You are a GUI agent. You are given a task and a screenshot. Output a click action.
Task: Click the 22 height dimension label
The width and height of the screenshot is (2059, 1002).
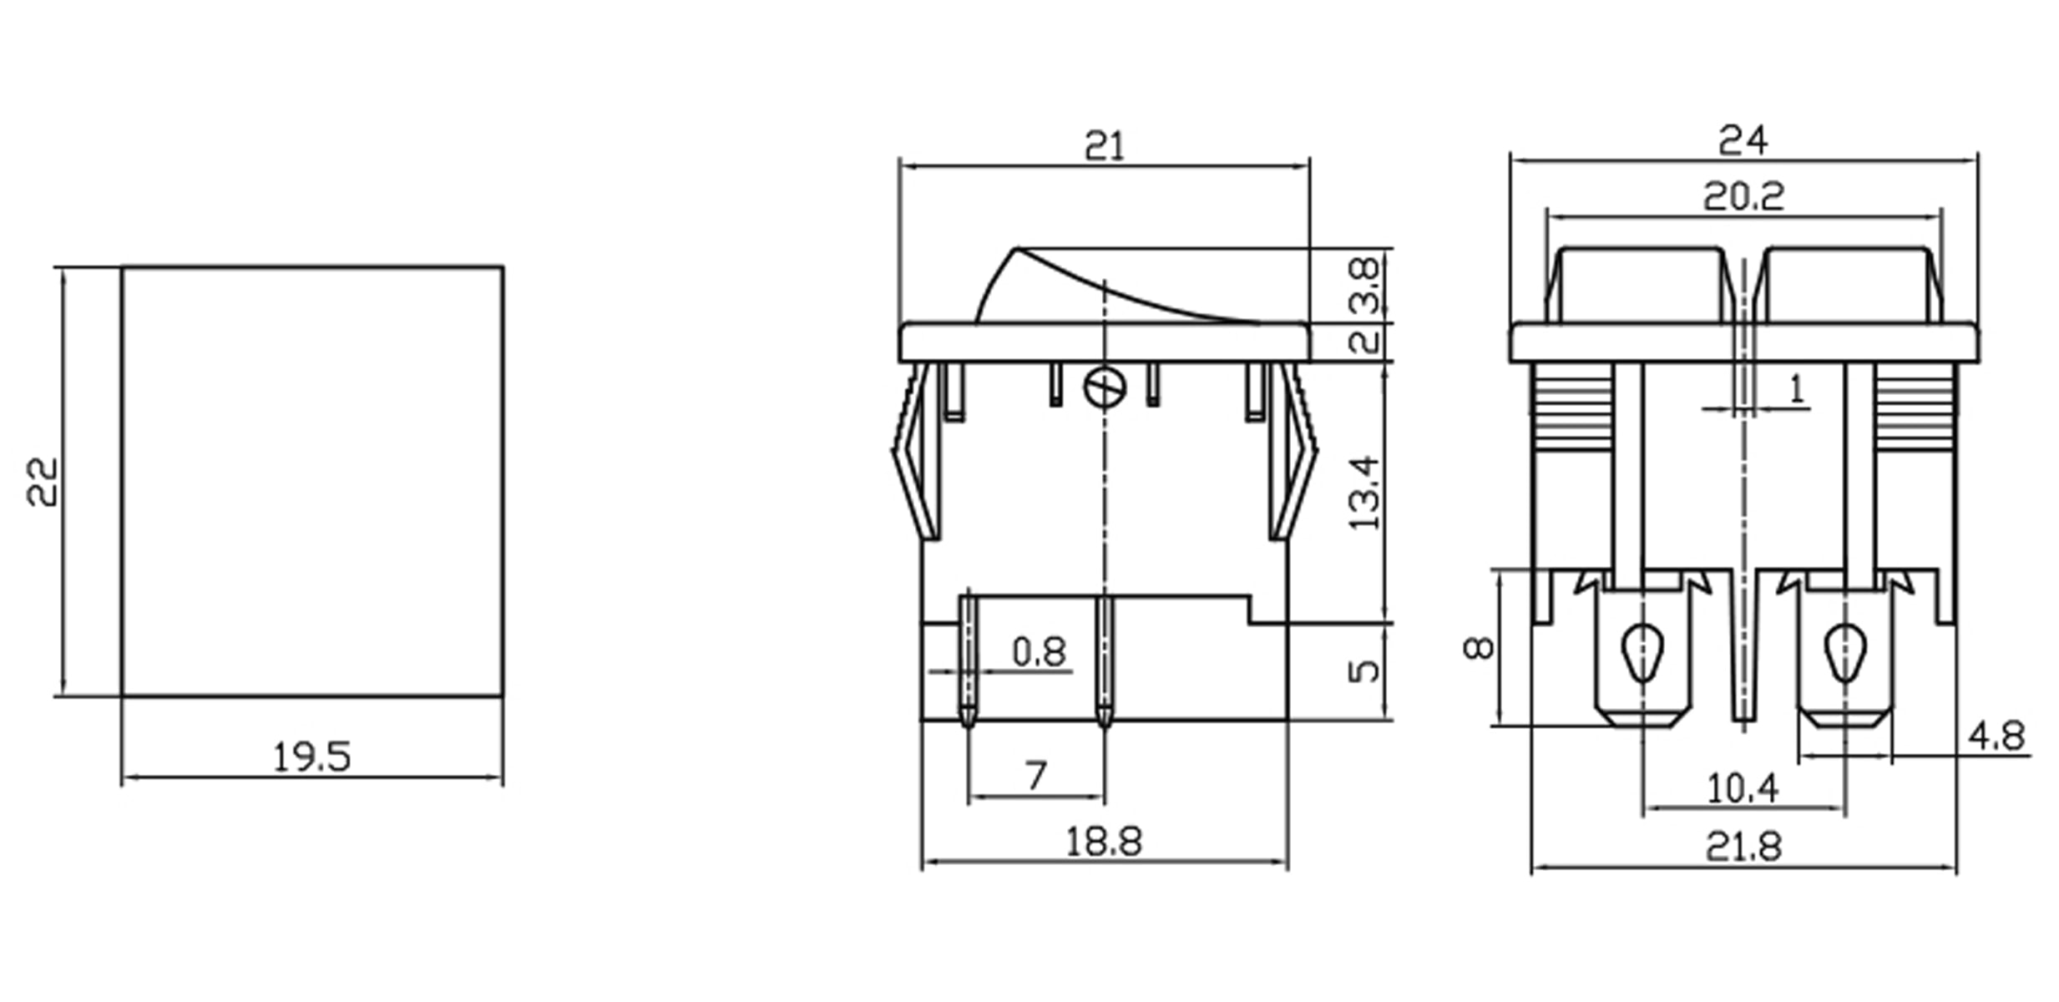click(42, 482)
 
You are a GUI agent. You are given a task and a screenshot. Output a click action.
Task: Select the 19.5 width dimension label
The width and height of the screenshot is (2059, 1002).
click(311, 757)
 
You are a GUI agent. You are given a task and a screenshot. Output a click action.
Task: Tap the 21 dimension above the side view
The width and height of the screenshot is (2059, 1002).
click(1104, 147)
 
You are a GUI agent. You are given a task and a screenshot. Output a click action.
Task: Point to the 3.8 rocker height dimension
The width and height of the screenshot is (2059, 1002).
click(1364, 285)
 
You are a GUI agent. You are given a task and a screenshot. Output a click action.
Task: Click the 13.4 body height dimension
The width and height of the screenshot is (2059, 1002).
click(1364, 493)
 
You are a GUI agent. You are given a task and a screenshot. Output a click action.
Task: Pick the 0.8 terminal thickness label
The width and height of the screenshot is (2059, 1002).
click(1039, 652)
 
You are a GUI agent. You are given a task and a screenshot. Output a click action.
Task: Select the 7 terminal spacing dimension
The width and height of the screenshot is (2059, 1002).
click(1035, 776)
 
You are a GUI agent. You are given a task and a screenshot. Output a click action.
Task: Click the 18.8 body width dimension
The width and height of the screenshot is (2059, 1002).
click(1103, 842)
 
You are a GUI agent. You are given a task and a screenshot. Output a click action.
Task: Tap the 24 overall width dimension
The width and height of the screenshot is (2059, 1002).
click(1743, 140)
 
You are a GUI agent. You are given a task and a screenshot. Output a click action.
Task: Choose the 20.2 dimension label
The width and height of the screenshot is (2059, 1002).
click(1743, 197)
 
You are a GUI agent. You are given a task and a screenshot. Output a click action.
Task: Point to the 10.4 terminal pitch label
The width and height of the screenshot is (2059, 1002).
click(1743, 788)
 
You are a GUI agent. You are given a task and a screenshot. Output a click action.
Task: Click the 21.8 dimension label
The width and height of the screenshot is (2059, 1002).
click(1743, 848)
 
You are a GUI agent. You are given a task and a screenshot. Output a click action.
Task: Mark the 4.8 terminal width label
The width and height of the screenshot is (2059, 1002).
click(1996, 736)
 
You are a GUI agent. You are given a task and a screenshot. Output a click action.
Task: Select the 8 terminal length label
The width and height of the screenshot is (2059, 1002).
click(1479, 647)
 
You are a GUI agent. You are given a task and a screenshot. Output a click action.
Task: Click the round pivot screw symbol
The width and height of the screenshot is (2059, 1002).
click(1104, 388)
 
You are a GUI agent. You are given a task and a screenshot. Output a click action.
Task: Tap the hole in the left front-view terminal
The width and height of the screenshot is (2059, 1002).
click(1642, 652)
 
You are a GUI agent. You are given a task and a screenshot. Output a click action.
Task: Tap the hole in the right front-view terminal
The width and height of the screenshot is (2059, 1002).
click(1845, 652)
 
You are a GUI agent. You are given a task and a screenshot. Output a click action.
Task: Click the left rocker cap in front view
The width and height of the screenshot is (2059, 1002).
click(1640, 284)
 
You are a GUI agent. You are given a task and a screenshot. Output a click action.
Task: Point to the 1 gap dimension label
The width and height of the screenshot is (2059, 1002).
click(1795, 389)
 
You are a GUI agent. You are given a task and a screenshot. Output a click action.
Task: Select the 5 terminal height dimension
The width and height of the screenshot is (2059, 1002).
click(1364, 670)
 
